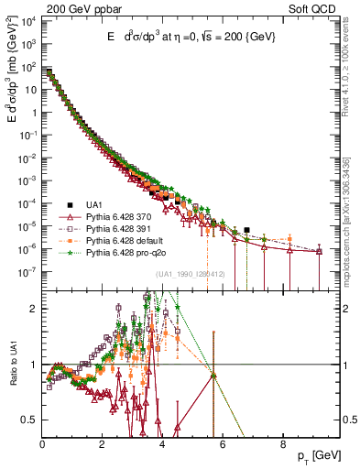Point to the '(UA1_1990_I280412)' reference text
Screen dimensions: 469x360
(x=192, y=274)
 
